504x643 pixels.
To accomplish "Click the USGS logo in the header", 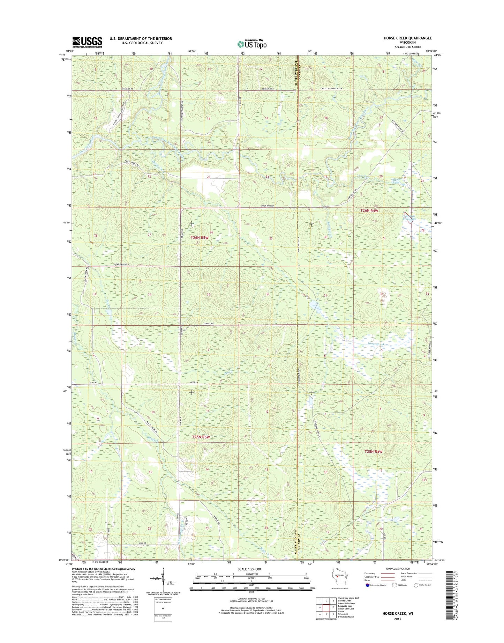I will click(87, 42).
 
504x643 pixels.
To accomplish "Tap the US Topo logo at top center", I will click(252, 44).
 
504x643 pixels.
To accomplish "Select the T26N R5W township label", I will click(200, 238).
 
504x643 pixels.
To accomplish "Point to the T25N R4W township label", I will click(373, 452).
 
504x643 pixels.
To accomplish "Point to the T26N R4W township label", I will click(369, 211).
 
